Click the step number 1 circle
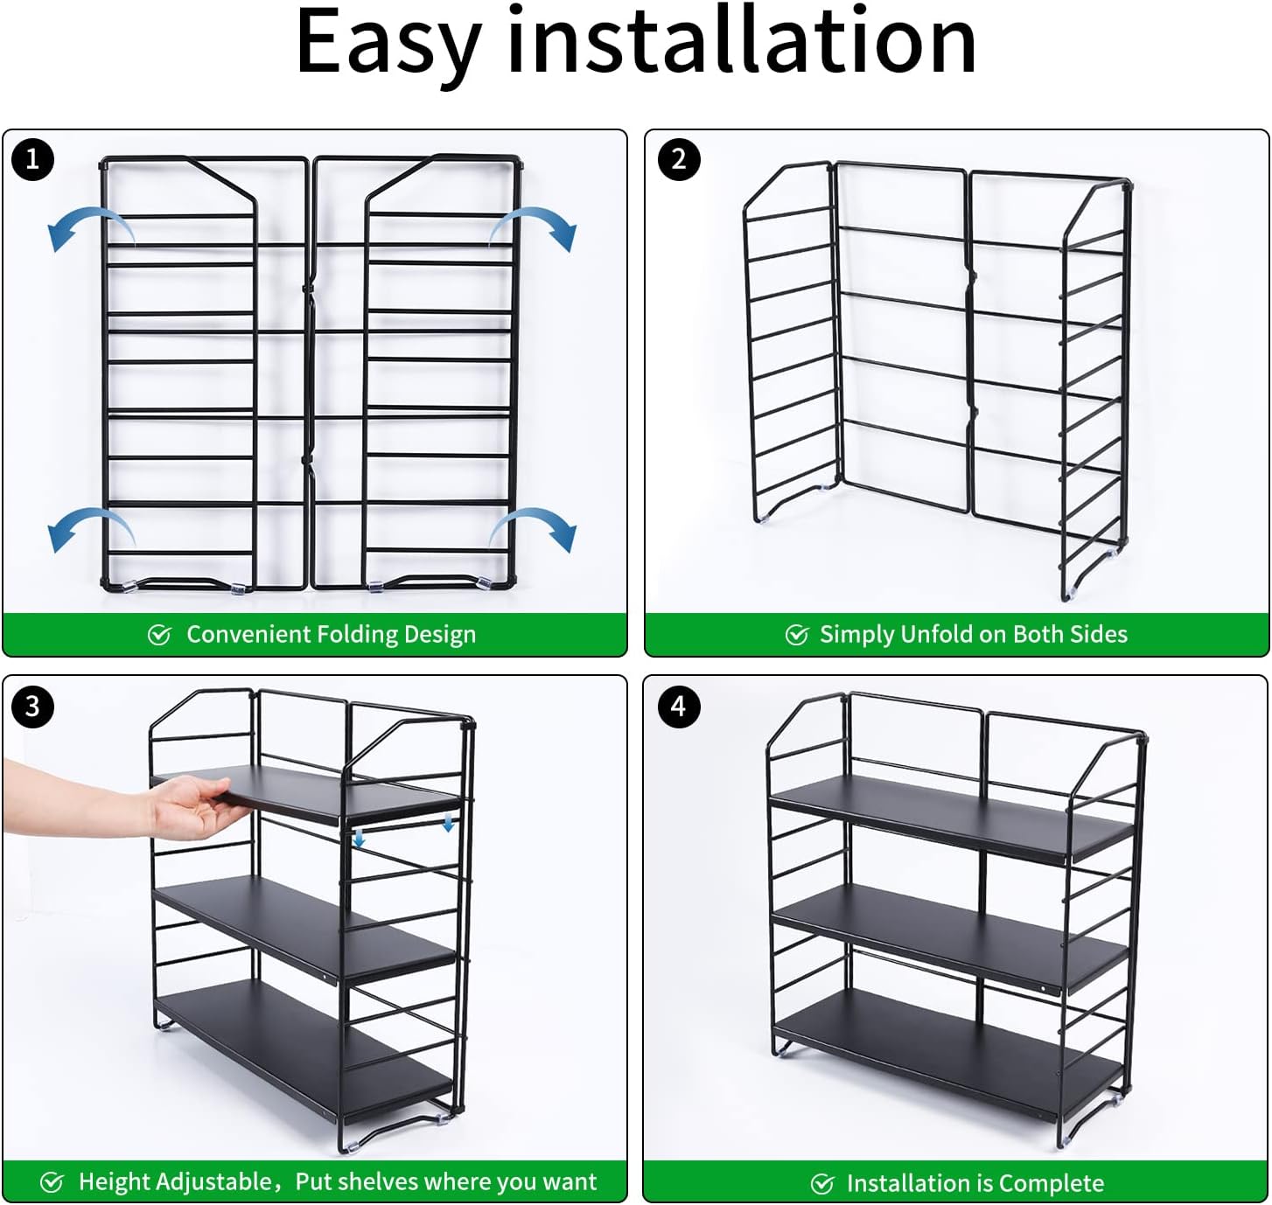click(32, 159)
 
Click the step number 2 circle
click(679, 159)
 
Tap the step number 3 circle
click(32, 707)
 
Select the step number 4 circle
click(679, 707)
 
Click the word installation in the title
click(742, 40)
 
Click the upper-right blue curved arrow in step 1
click(533, 227)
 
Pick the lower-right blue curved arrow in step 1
click(533, 529)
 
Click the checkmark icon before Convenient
click(159, 635)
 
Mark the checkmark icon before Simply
click(796, 635)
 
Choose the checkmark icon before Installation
click(822, 1184)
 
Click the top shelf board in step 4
click(951, 818)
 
